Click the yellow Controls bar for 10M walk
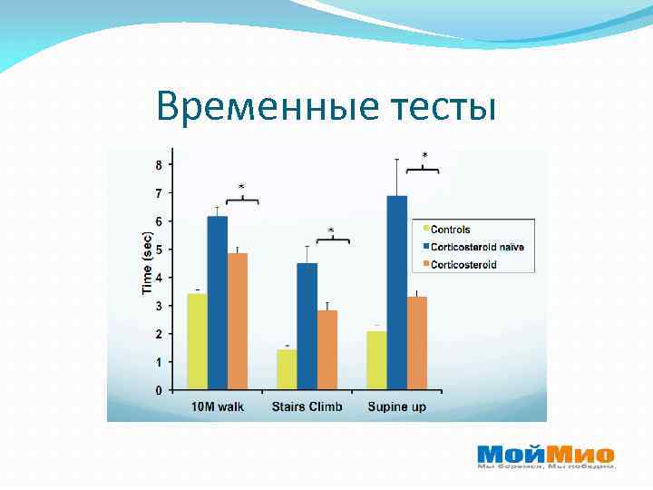pyautogui.click(x=197, y=342)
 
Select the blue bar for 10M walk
pyautogui.click(x=217, y=303)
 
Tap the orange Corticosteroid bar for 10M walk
pyautogui.click(x=237, y=322)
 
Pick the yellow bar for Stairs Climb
pyautogui.click(x=287, y=370)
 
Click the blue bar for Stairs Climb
pyautogui.click(x=307, y=327)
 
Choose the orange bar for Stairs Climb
pyautogui.click(x=326, y=350)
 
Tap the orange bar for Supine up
pyautogui.click(x=416, y=344)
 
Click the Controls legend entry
pyautogui.click(x=450, y=230)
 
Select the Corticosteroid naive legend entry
pyautogui.click(x=476, y=247)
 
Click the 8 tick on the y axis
pyautogui.click(x=160, y=165)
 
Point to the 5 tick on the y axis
pyautogui.click(x=160, y=250)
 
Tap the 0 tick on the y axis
pyautogui.click(x=160, y=391)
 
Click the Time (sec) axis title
pyautogui.click(x=147, y=263)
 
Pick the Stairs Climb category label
pyautogui.click(x=307, y=407)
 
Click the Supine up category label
pyautogui.click(x=396, y=407)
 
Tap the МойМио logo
pyautogui.click(x=545, y=454)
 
